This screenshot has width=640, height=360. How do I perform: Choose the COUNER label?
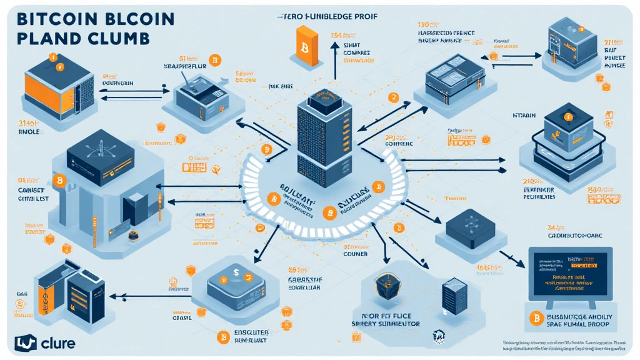pyautogui.click(x=355, y=254)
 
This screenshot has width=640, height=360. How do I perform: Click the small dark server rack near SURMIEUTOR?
pyautogui.click(x=450, y=296)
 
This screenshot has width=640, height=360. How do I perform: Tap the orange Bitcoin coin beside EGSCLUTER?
pyautogui.click(x=220, y=338)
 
